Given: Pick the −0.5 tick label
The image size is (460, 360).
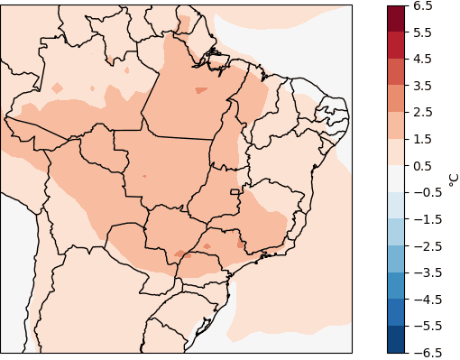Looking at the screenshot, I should click(x=425, y=192).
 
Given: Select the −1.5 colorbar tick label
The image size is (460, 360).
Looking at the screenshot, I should click(x=425, y=219).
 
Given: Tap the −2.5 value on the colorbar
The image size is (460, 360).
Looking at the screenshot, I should click(x=425, y=245).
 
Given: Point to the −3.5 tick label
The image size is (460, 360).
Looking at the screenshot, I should click(x=425, y=272).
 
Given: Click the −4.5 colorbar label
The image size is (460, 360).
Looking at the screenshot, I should click(x=425, y=299).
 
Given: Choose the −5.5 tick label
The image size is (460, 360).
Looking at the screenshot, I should click(x=425, y=326).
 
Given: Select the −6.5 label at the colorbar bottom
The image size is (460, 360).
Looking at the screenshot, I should click(x=425, y=352).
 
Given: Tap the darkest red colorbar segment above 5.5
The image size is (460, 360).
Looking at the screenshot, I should click(x=396, y=19).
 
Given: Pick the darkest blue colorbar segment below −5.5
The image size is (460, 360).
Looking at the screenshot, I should click(x=396, y=339).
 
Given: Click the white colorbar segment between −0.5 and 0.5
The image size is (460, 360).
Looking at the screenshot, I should click(x=396, y=179).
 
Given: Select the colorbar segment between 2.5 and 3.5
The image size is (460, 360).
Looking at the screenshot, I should click(x=396, y=99).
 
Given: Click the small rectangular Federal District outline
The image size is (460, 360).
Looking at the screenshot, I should click(x=236, y=191).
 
